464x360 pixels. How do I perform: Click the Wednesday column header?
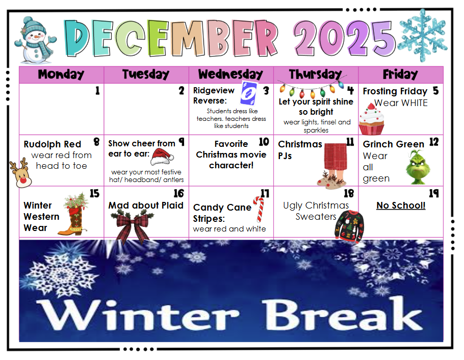coord(230,74)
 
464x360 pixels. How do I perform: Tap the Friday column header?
coord(400,74)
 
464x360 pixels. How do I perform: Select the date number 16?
coord(179,194)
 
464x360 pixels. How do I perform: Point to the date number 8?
coord(96,142)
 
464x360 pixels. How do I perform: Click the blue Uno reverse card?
coord(248,93)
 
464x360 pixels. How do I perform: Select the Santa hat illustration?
coord(162,157)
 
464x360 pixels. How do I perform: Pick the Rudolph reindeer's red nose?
coord(23,179)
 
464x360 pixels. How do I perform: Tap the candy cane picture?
coord(259,209)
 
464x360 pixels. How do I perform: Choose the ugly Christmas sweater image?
coord(349,226)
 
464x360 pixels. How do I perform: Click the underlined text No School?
coord(401,205)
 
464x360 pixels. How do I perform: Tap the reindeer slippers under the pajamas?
coord(331,179)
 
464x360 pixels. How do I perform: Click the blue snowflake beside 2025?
coord(423,35)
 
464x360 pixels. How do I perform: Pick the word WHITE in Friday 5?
coord(414,103)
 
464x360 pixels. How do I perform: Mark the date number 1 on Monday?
coord(97,91)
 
